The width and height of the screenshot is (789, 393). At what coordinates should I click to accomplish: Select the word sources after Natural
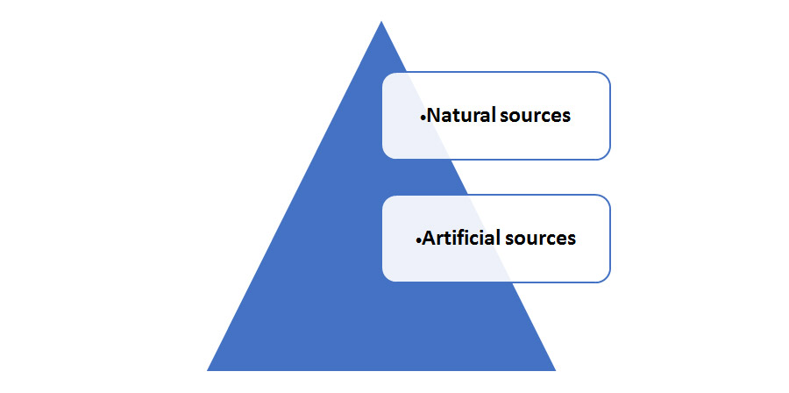535,116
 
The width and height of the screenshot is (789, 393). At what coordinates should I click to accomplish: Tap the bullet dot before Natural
422,117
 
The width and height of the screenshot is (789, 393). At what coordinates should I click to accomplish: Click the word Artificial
461,238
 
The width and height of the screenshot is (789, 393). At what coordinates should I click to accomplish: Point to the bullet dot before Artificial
419,239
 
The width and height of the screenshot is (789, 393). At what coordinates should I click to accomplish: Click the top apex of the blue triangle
380,23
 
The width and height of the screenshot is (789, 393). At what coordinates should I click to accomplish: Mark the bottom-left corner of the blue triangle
209,369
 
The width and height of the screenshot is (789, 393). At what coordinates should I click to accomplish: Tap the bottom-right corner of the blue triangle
554,369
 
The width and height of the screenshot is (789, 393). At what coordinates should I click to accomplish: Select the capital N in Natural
432,116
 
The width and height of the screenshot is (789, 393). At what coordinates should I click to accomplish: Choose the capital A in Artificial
429,238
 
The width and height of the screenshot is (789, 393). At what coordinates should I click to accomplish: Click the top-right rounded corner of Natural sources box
606,76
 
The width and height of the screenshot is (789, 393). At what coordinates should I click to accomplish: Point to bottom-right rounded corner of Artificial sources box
606,278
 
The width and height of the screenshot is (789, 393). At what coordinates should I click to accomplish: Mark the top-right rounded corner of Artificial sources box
606,199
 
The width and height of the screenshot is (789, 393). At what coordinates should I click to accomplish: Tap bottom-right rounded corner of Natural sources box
606,155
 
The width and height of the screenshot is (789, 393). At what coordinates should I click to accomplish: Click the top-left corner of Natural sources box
386,75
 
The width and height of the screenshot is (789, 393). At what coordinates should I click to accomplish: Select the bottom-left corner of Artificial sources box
386,278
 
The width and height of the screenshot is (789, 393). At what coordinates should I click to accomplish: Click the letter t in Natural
453,116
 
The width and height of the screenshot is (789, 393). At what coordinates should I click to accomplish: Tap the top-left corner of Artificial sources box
386,198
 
